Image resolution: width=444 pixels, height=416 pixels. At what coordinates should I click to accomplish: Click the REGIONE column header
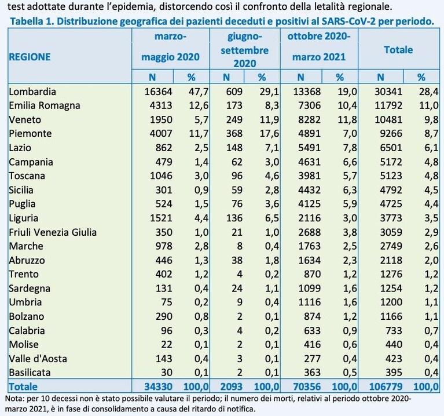tap(30, 57)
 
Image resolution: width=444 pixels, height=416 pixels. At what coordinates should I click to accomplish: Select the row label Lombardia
tap(32, 92)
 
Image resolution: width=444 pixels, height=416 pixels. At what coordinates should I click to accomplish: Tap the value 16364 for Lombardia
tap(158, 92)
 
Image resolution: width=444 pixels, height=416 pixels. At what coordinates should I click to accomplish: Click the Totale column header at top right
tap(398, 50)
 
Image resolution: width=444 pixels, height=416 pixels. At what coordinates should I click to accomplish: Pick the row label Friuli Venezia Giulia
tap(53, 232)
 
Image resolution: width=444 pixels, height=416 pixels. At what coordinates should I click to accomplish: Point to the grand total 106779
tap(386, 386)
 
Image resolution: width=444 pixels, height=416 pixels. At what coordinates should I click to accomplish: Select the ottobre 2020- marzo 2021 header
tap(319, 47)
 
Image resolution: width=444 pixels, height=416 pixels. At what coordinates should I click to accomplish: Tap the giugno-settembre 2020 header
tap(245, 50)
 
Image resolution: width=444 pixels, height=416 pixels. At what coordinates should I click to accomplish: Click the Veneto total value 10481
tap(388, 119)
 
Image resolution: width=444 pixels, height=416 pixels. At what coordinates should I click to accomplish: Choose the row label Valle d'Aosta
tap(38, 359)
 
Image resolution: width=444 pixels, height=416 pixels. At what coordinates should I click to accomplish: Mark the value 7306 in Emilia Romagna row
tap(309, 105)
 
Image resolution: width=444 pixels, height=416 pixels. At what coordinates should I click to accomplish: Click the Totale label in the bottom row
tap(23, 386)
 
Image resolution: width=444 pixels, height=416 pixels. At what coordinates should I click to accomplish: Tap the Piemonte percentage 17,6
tap(269, 133)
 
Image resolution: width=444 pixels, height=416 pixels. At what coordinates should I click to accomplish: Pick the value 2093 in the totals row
tap(231, 386)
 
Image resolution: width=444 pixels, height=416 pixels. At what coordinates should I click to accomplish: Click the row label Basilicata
tap(30, 373)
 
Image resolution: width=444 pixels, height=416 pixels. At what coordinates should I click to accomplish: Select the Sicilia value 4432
tap(309, 190)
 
